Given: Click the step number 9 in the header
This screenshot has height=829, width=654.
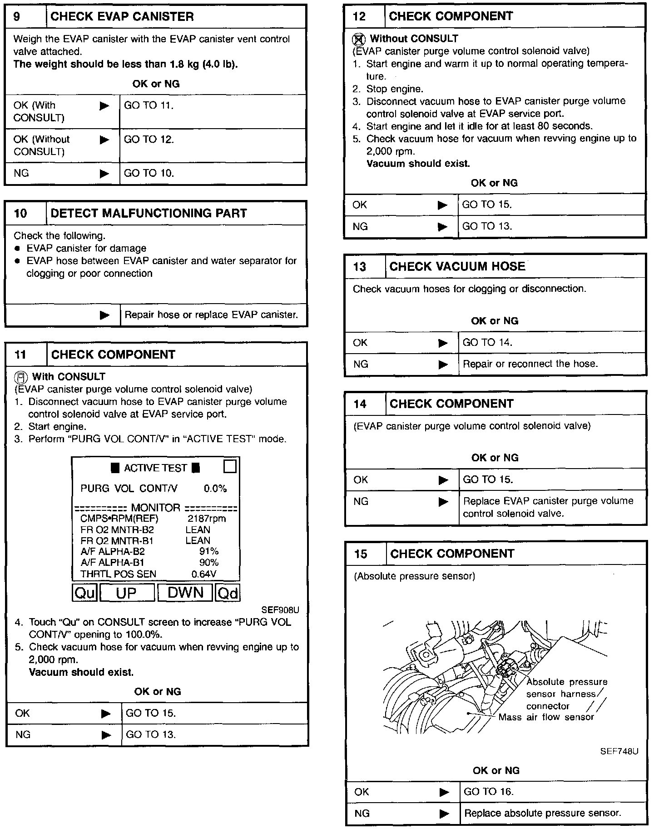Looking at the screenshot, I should pyautogui.click(x=17, y=17).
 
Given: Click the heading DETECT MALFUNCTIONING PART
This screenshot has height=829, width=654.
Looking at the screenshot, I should pyautogui.click(x=149, y=213).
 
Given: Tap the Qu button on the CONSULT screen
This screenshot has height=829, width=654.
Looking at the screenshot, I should pyautogui.click(x=85, y=593).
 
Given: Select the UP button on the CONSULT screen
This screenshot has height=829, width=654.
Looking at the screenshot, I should pyautogui.click(x=127, y=593).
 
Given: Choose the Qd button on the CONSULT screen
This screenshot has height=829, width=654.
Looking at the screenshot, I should pyautogui.click(x=227, y=593).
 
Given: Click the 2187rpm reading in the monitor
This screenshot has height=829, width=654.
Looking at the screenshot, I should pyautogui.click(x=207, y=519).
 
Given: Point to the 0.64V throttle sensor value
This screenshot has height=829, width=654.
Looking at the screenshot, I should pyautogui.click(x=204, y=574).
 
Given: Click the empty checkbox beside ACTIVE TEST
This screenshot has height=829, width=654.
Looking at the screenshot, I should pyautogui.click(x=230, y=467).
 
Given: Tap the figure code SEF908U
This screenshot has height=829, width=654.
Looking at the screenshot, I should pyautogui.click(x=280, y=610).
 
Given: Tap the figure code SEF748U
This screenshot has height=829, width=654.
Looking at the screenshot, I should pyautogui.click(x=619, y=751).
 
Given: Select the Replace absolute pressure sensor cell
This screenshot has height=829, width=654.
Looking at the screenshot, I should pyautogui.click(x=542, y=813).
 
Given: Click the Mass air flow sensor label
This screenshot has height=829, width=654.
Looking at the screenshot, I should pyautogui.click(x=546, y=717).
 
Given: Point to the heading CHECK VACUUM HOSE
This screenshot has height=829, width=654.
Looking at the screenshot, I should pyautogui.click(x=457, y=266).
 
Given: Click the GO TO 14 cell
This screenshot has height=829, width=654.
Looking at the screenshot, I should pyautogui.click(x=487, y=343).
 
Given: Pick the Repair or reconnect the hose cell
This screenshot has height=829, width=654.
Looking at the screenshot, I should pyautogui.click(x=530, y=364).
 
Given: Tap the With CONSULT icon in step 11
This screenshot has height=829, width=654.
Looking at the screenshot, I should pyautogui.click(x=21, y=377).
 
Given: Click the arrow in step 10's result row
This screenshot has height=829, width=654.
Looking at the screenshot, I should pyautogui.click(x=104, y=315).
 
